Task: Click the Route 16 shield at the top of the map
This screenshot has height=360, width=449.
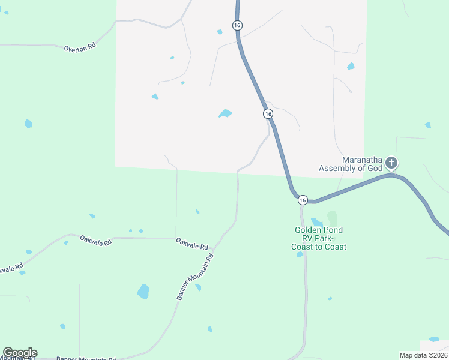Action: pos(238,25)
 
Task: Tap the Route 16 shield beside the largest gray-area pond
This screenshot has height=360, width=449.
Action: pos(268,113)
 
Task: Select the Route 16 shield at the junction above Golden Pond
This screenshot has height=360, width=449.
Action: pos(302,200)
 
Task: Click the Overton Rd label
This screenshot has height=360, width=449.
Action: pos(80,47)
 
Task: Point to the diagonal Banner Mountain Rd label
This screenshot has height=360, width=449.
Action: pos(195,277)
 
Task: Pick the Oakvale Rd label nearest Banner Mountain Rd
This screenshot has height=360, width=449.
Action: pos(192,243)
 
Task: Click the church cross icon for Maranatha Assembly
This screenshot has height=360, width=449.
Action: pos(391,163)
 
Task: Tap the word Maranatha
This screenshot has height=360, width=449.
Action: pos(362,160)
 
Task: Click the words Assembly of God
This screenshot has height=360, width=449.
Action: pos(350,168)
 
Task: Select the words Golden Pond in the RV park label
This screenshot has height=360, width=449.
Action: pos(318,230)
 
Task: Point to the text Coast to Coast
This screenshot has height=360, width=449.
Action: pos(319,247)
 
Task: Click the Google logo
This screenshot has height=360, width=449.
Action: pos(20,353)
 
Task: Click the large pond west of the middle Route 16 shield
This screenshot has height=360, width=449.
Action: pos(226,113)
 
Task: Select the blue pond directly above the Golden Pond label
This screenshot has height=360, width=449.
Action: pos(316,222)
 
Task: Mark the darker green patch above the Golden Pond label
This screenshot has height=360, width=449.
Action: pos(331,218)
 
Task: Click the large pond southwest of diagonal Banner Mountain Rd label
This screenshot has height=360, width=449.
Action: pos(143,292)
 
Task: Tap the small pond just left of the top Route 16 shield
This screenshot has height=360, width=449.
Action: pos(220,32)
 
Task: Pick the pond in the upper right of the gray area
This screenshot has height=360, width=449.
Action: pos(351,66)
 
